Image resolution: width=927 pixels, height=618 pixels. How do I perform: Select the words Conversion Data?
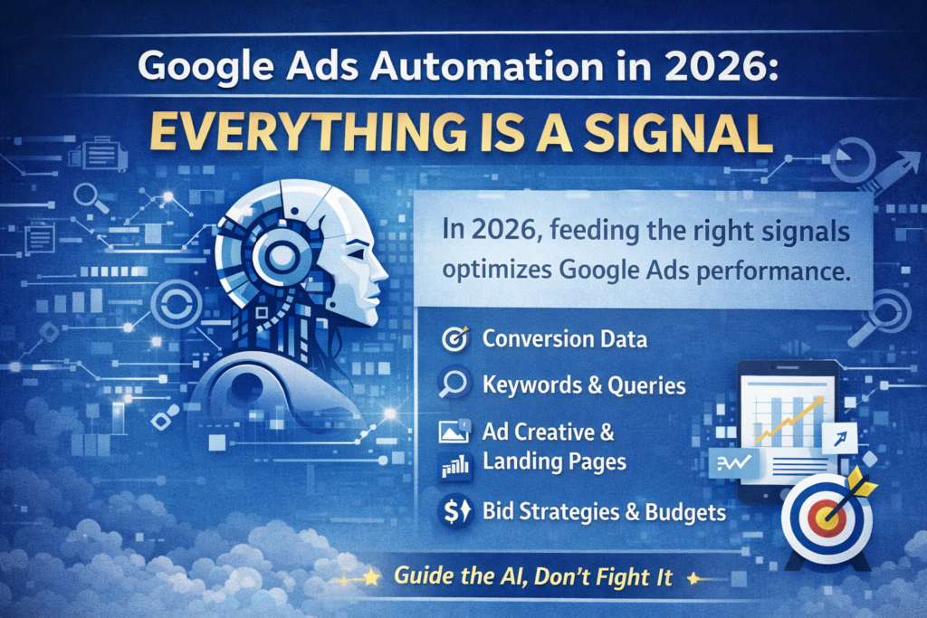tap(564, 340)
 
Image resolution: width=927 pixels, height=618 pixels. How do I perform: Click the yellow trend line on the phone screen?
tap(787, 422)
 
